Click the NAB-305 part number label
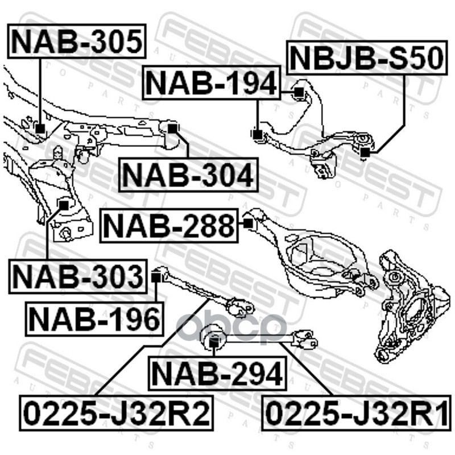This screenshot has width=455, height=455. click(77, 41)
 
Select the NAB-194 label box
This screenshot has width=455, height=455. click(212, 82)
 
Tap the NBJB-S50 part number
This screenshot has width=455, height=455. click(366, 58)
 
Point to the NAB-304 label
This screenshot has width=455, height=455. click(188, 175)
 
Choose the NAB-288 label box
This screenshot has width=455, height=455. click(169, 225)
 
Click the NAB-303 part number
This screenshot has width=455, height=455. click(78, 276)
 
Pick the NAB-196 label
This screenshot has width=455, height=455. click(94, 319)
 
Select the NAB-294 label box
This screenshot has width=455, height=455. click(217, 374)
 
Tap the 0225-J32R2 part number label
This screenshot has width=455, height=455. click(117, 413)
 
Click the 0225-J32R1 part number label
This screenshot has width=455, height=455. click(357, 413)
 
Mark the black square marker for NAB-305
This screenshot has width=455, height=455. click(40, 129)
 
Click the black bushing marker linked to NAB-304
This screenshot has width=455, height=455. click(172, 129)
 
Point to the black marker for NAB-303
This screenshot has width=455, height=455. click(64, 205)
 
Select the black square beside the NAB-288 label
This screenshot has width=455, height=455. click(248, 224)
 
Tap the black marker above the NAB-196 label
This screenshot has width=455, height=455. click(156, 278)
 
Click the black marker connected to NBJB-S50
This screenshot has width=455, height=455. click(365, 152)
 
